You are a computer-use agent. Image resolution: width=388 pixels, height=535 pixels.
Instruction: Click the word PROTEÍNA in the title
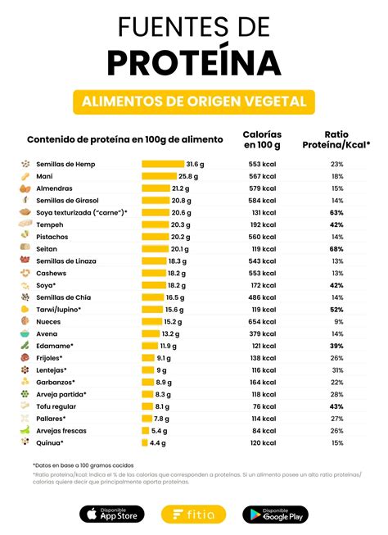pyautogui.click(x=194, y=61)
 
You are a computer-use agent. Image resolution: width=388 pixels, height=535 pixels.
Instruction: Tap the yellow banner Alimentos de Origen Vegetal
pyautogui.click(x=194, y=102)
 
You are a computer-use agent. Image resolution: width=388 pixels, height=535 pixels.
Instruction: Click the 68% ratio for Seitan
pyautogui.click(x=336, y=249)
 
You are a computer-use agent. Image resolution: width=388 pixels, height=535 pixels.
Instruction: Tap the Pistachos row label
pyautogui.click(x=52, y=237)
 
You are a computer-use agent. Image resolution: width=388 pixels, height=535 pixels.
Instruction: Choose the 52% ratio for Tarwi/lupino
pyautogui.click(x=336, y=310)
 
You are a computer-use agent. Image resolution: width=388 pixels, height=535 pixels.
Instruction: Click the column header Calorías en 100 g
pyautogui.click(x=262, y=139)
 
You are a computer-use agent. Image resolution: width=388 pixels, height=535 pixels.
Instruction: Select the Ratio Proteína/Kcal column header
pyautogui.click(x=336, y=139)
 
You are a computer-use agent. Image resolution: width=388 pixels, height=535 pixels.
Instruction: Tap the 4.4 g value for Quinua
pyautogui.click(x=157, y=442)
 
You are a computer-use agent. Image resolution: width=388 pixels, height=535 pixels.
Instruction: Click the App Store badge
pyautogui.click(x=112, y=514)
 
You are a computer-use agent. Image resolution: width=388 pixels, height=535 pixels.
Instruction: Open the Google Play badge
pyautogui.click(x=276, y=514)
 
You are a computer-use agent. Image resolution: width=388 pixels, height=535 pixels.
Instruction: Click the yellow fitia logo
pyautogui.click(x=194, y=514)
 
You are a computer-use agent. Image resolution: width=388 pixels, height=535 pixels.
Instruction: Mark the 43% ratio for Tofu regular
pyautogui.click(x=336, y=406)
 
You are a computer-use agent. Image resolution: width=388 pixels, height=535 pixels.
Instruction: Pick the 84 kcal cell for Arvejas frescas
pyautogui.click(x=265, y=430)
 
